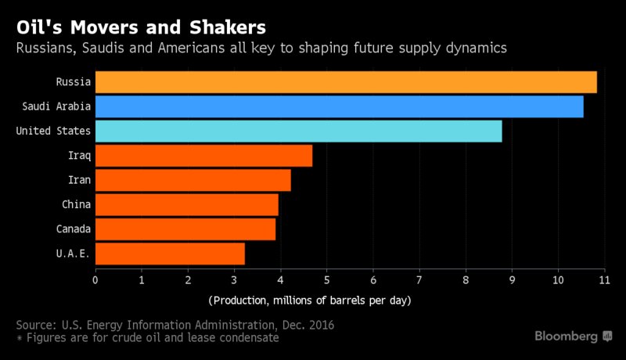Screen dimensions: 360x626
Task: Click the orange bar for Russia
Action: coord(346,81)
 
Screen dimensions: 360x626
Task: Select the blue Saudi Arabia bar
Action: coord(339,106)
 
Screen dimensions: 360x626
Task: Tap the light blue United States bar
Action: coord(298,131)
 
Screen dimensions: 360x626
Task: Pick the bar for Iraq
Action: coord(203,155)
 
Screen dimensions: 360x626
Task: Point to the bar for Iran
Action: coord(192,180)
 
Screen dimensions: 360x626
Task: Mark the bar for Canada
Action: coord(185,229)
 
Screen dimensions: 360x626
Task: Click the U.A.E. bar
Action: coord(170,254)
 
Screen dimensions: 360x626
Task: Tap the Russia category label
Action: coord(73,81)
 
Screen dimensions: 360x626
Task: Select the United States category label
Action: coord(53,131)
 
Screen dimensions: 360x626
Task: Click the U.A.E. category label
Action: coord(73,254)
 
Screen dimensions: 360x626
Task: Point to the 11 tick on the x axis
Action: coord(604,279)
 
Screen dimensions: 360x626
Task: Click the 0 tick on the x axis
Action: coord(95,279)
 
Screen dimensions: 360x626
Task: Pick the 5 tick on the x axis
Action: coord(326,279)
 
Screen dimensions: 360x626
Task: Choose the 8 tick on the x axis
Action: coord(466,279)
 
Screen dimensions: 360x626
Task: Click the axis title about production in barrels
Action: coord(310,301)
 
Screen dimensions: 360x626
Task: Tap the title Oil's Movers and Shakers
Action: coord(140,27)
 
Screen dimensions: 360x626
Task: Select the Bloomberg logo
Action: coord(574,336)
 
